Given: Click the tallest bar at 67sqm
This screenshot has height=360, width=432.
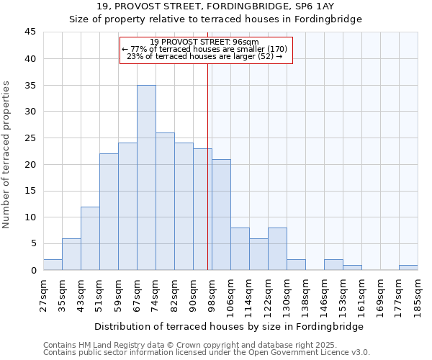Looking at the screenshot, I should [146, 178].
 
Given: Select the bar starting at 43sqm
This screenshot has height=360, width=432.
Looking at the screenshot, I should [90, 238].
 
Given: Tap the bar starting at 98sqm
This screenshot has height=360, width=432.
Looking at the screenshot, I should [221, 215].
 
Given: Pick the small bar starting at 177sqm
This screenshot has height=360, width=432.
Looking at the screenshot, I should [408, 267].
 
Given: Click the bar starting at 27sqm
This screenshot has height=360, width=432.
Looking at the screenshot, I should [53, 264].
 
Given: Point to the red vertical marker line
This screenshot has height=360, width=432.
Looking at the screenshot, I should [207, 166].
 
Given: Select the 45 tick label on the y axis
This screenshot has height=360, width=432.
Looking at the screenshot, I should [30, 32].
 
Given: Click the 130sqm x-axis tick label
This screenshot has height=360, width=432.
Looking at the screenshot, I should [278, 294].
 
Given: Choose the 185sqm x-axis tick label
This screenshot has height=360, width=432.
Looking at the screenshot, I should [418, 294].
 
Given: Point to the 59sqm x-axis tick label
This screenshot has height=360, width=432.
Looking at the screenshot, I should [109, 292].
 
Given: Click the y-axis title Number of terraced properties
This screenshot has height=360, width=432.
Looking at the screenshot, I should [6, 155].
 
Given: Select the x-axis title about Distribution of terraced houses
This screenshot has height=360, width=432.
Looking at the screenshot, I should [228, 326].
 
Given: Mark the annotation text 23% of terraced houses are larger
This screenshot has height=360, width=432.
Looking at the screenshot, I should [204, 56].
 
